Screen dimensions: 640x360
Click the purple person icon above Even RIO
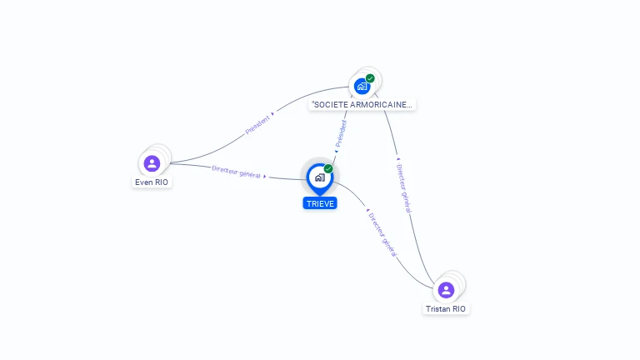(x=152, y=163)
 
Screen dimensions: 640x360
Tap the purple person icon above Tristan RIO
(x=446, y=290)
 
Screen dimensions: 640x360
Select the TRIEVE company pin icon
(x=319, y=177)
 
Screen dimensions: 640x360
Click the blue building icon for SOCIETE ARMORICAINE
(x=362, y=85)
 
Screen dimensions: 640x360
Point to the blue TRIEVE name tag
(x=320, y=203)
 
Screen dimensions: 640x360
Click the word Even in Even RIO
(x=143, y=182)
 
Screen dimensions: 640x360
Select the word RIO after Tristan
(x=459, y=308)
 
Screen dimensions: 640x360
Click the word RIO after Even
(x=161, y=182)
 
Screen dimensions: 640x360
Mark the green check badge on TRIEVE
(x=328, y=169)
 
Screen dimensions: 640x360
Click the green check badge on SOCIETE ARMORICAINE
(x=370, y=78)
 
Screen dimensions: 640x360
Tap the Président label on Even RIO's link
(x=257, y=125)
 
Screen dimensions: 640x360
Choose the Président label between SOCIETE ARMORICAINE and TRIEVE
(x=340, y=134)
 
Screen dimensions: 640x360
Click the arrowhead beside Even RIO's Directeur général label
(x=265, y=176)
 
